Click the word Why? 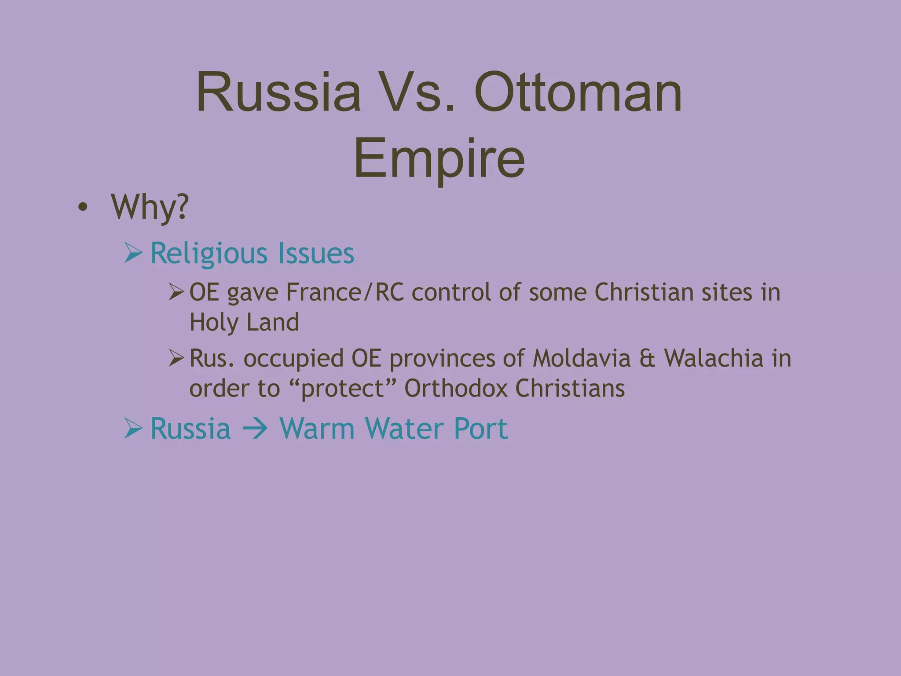(150, 207)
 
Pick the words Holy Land (244, 322)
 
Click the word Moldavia (582, 358)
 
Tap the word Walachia (714, 358)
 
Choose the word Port (481, 429)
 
